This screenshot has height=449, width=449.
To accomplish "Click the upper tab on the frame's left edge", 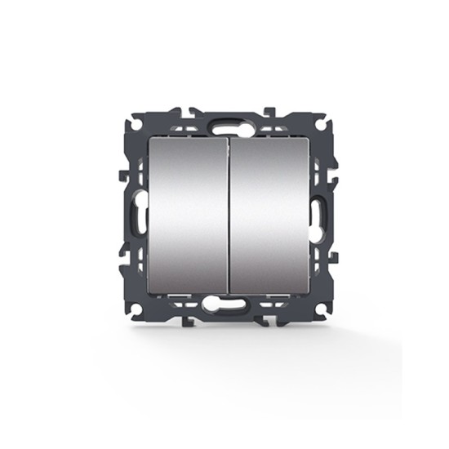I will coord(122,176).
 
